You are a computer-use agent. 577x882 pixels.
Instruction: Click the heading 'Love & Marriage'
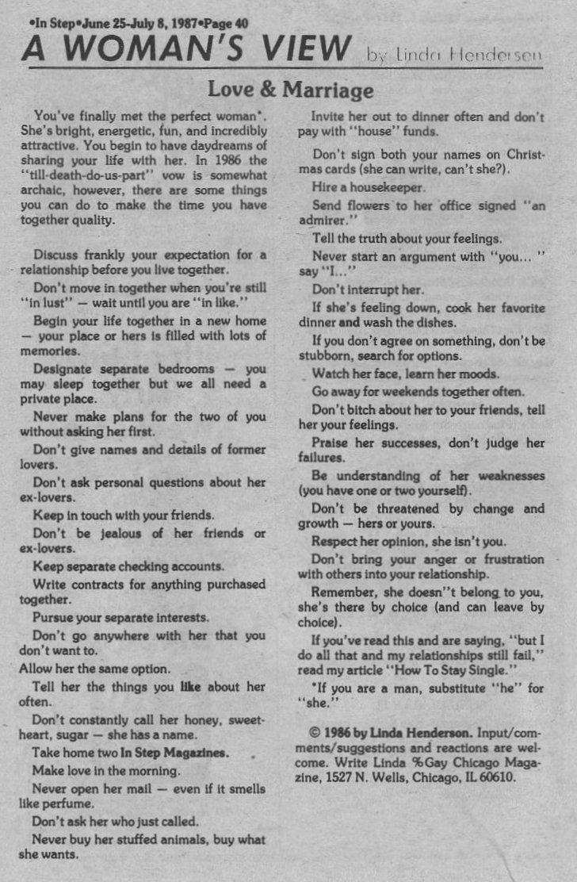(290, 90)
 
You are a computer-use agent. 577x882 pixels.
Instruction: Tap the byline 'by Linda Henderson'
(453, 55)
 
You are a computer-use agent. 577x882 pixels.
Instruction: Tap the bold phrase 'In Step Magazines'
(174, 751)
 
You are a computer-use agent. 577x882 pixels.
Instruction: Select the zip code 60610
(497, 777)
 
